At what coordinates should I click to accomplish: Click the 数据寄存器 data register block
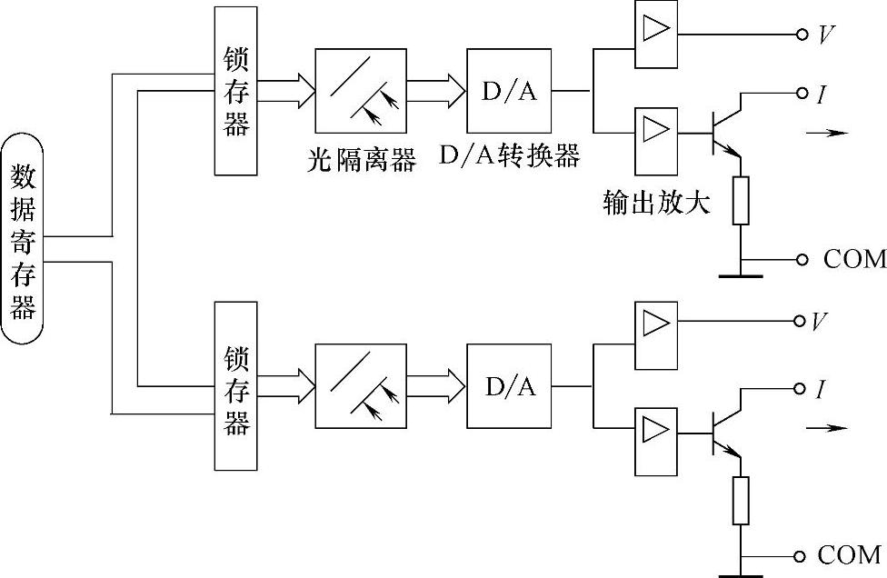pos(22,238)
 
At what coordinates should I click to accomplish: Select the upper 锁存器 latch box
pos(236,90)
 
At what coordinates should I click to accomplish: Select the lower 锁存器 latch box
pos(236,385)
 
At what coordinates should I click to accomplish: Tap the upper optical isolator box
pos(360,90)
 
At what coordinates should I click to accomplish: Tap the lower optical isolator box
pos(360,385)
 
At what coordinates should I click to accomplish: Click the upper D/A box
pos(509,90)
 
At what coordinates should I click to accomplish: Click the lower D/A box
pos(509,385)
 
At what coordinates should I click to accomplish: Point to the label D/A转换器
pos(509,156)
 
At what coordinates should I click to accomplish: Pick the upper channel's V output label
pos(826,35)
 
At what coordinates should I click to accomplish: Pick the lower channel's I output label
pos(820,390)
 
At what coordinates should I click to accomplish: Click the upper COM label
pos(853,259)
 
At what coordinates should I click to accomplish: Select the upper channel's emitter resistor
pos(741,201)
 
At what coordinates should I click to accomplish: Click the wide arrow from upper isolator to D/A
pos(436,90)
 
